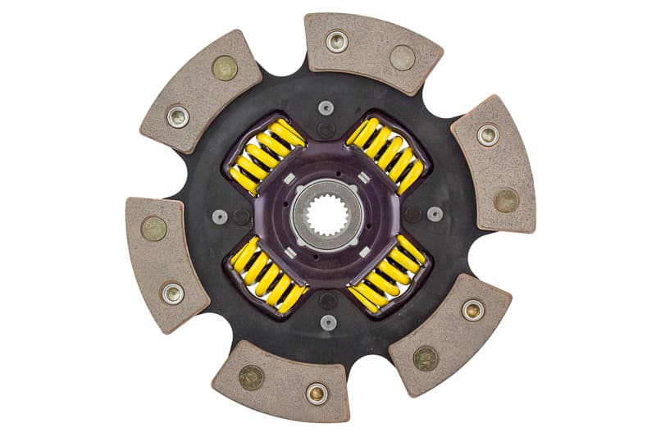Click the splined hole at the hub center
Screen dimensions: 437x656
[327, 214]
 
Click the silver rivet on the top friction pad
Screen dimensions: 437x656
[336, 40]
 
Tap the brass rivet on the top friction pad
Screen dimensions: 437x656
[402, 57]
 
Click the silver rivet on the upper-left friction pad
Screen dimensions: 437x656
[178, 116]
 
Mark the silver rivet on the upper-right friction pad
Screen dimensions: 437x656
[488, 134]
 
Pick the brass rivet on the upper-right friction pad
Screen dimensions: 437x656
[506, 199]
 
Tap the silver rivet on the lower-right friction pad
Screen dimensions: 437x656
[472, 309]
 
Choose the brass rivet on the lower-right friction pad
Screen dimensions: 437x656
[425, 358]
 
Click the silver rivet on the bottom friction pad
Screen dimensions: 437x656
[317, 393]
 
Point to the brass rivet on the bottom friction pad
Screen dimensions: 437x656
[251, 376]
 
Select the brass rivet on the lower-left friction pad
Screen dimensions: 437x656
[153, 228]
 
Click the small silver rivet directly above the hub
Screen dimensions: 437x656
[326, 107]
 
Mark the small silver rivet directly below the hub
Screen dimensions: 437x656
[328, 321]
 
